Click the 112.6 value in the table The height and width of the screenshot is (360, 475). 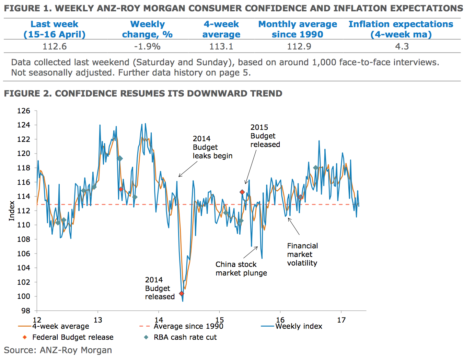[x=55, y=46]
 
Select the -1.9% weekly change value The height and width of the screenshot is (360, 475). [x=147, y=46]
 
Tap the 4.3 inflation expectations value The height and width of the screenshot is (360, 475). [x=402, y=46]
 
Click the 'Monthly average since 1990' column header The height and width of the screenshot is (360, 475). [x=298, y=29]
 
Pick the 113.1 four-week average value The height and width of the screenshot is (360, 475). [x=221, y=46]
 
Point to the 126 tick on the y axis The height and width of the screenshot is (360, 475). [x=24, y=111]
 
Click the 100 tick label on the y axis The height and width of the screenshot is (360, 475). [x=24, y=296]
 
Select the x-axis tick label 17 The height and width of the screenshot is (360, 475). [x=341, y=320]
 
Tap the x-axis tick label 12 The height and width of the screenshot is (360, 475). [x=37, y=320]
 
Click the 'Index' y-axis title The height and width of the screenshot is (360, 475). [x=12, y=211]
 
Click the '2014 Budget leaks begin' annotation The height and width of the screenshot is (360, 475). [x=212, y=147]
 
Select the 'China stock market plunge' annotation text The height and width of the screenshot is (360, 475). [x=241, y=269]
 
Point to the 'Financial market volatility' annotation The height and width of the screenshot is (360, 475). [x=302, y=255]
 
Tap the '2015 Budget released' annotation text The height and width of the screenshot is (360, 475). [x=265, y=136]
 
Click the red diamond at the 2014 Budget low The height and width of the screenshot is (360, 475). [x=182, y=294]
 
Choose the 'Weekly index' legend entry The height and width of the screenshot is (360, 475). [x=299, y=326]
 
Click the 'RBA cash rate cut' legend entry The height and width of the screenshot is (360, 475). [x=185, y=337]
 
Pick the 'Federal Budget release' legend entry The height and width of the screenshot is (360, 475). [x=73, y=337]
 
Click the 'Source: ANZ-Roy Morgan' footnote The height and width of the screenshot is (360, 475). [x=58, y=350]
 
